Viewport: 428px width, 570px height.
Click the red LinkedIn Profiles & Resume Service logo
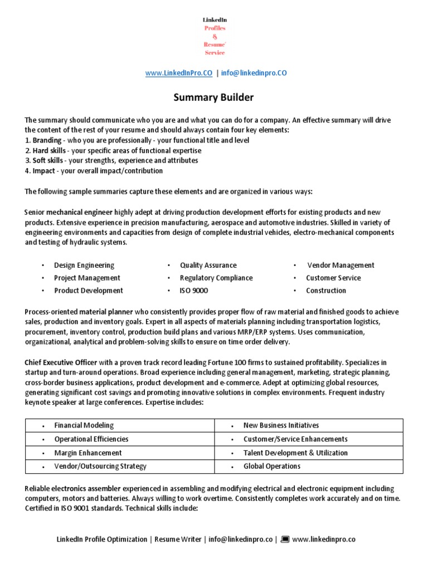[x=214, y=36]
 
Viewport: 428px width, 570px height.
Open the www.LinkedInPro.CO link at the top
[x=178, y=73]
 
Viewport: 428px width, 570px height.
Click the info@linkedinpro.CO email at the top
[x=254, y=73]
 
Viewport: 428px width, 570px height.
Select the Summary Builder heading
[x=213, y=97]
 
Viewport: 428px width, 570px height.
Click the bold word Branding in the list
[x=47, y=140]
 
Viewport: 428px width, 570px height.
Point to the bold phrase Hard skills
[x=49, y=151]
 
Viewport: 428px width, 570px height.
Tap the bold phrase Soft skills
[x=48, y=161]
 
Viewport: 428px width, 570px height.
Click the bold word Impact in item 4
[x=44, y=171]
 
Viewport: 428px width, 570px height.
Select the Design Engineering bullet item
[x=84, y=266]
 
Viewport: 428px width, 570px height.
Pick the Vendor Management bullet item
[x=341, y=266]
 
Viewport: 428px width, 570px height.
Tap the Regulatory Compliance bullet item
[x=216, y=278]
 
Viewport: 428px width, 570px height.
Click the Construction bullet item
[x=326, y=291]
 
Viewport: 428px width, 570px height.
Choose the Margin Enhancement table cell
[x=87, y=453]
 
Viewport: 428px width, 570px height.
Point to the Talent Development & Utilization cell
[x=295, y=453]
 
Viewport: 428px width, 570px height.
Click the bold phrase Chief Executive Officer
[x=61, y=362]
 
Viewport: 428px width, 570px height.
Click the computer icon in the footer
[x=285, y=539]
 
